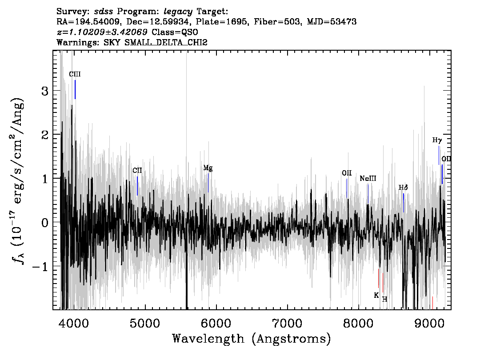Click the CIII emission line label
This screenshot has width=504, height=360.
pos(75,74)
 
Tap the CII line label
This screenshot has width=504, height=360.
pos(137,170)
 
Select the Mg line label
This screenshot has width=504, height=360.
pos(208,168)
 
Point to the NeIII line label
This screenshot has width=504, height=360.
pos(368,178)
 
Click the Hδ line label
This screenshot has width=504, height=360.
pos(403,187)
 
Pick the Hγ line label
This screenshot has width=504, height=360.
pos(437,140)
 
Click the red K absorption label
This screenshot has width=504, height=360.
pos(376,295)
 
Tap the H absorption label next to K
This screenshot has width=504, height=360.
pos(384,299)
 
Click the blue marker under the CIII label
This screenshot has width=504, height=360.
pos(75,89)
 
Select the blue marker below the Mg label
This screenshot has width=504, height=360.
pos(208,183)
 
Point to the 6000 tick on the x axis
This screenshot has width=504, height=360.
pos(216,323)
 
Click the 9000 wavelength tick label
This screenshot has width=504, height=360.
pos(429,323)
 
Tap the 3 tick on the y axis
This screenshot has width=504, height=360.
pos(45,91)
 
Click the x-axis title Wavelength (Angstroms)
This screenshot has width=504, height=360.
pos(252,339)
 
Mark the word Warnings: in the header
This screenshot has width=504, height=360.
pos(78,42)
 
